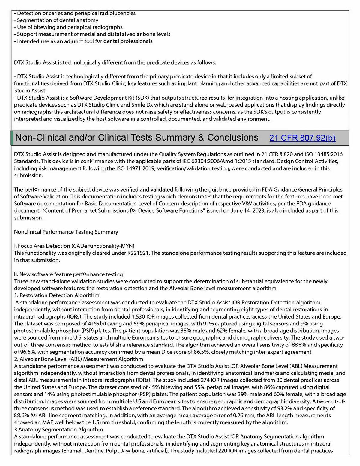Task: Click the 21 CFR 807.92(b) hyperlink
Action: tap(302, 138)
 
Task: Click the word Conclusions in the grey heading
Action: tap(233, 138)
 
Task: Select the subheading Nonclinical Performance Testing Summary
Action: tap(66, 232)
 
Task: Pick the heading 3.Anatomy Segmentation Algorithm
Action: tap(58, 430)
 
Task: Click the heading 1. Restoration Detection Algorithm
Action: tap(57, 295)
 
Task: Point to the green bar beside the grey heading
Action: tap(12, 138)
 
